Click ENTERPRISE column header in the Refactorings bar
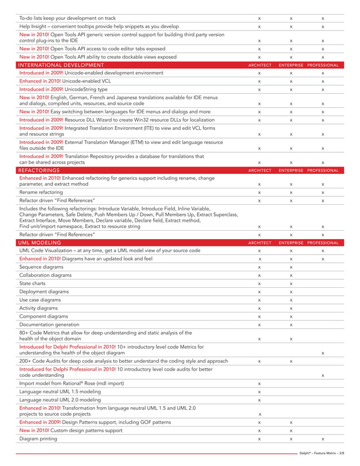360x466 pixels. (x=291, y=170)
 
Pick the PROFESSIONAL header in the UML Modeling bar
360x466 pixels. (x=323, y=243)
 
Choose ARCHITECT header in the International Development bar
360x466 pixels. (x=260, y=65)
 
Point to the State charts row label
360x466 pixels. (x=33, y=283)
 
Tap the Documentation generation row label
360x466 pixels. (x=49, y=324)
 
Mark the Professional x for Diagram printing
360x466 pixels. (x=322, y=438)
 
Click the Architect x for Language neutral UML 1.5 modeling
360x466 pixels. (x=259, y=392)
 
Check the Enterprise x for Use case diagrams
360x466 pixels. (x=291, y=300)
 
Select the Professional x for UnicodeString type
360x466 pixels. (x=322, y=90)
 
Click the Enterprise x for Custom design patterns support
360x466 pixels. (x=291, y=430)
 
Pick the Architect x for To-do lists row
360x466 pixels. (x=259, y=19)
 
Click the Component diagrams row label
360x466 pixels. (x=42, y=316)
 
